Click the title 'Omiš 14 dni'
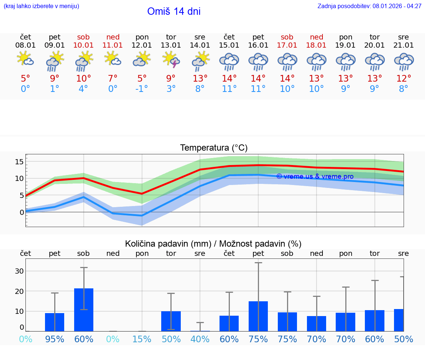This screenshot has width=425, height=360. click(x=174, y=11)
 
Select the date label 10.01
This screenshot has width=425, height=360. click(x=83, y=45)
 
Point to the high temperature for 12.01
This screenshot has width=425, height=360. click(x=142, y=78)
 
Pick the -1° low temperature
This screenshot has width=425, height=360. click(x=141, y=89)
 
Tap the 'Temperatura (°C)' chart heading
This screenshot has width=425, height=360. click(x=214, y=148)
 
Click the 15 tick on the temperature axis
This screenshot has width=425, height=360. click(x=20, y=162)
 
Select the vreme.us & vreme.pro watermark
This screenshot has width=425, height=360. click(x=315, y=176)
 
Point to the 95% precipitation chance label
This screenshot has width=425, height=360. click(x=55, y=339)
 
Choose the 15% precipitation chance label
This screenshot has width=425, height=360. click(x=142, y=339)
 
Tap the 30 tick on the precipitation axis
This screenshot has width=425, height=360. click(x=20, y=271)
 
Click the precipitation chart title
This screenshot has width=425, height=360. click(x=213, y=244)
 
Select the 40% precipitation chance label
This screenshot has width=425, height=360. click(x=200, y=339)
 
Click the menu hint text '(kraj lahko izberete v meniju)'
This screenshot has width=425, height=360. click(x=41, y=6)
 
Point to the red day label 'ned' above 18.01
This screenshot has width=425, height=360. click(x=317, y=37)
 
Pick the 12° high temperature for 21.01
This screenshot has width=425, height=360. click(x=404, y=78)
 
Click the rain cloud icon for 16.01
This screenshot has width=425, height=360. click(x=258, y=61)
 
